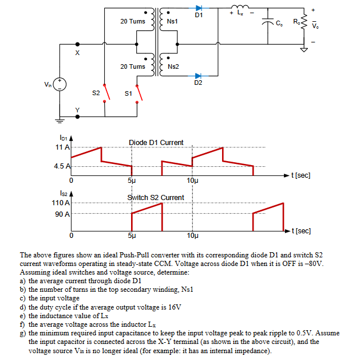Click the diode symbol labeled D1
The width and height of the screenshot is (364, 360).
pos(199,9)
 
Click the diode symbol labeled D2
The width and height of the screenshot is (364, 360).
pos(199,76)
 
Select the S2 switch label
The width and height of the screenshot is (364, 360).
pos(96,92)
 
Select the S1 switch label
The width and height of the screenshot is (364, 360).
pos(128,92)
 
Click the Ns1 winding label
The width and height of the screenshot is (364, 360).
pos(173,21)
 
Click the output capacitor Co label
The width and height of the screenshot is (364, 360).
pos(279,24)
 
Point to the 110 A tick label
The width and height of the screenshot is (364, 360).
pos(60,202)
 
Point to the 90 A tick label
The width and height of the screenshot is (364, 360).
pos(62,214)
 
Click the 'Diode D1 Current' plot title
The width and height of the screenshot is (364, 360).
pos(156,142)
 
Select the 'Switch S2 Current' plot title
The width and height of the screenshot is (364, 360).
pos(156,197)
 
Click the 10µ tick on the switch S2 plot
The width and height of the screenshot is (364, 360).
pos(192,235)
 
